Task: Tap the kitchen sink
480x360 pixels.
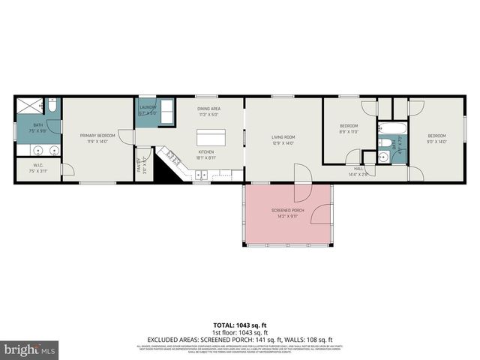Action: click(201, 176)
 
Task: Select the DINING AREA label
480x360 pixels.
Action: click(208, 109)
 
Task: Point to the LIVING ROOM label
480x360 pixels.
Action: click(283, 137)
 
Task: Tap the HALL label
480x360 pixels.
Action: click(358, 169)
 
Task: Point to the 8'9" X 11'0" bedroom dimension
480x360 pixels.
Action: click(349, 130)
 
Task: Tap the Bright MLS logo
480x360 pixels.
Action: click(29, 349)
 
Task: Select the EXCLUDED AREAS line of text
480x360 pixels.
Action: click(240, 339)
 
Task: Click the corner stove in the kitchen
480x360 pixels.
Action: click(173, 160)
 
